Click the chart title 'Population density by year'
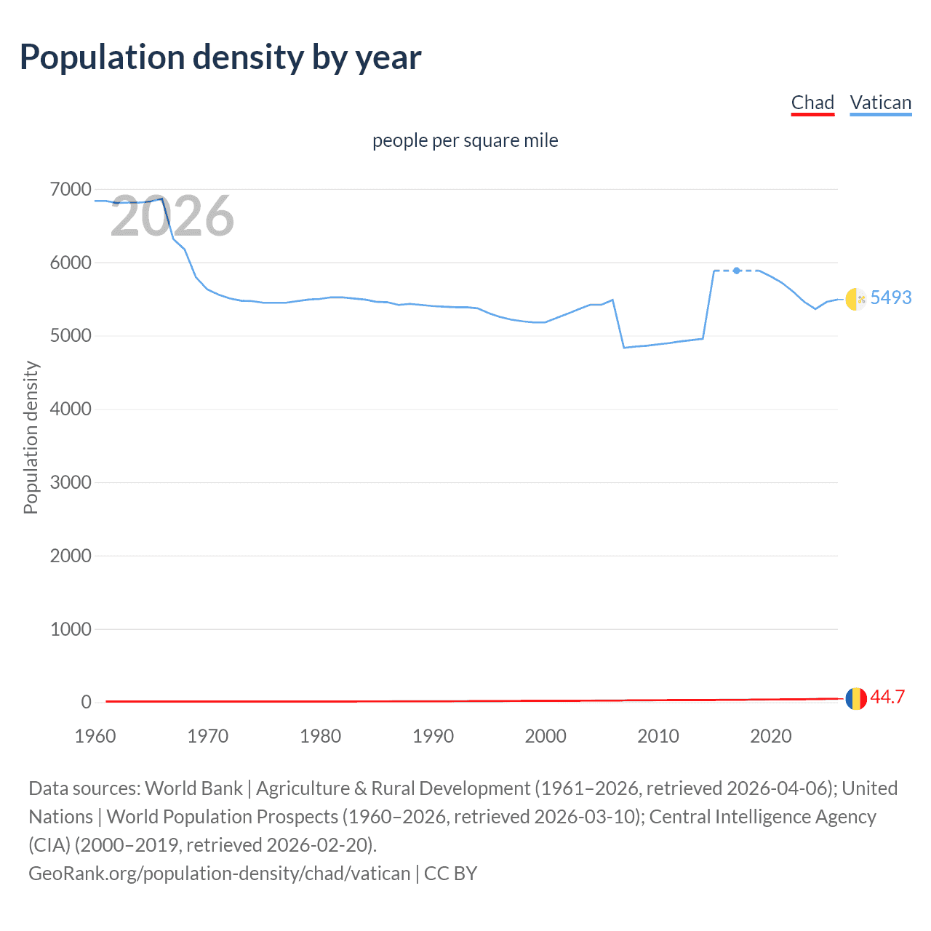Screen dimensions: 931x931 (x=220, y=57)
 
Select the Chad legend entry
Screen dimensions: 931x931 (x=812, y=103)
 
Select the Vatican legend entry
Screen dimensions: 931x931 (x=880, y=103)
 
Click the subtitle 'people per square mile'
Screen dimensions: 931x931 (x=465, y=140)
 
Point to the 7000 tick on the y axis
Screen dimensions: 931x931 (x=71, y=190)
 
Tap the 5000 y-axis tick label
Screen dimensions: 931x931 (x=71, y=336)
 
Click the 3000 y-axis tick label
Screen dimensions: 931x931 (x=71, y=482)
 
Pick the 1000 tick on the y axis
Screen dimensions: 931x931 (x=71, y=629)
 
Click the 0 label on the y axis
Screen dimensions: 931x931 (x=87, y=702)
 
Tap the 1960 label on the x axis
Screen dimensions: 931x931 (x=95, y=736)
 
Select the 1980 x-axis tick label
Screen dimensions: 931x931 (x=320, y=736)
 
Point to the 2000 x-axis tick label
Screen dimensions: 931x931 (x=546, y=736)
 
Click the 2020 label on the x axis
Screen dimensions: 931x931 (x=770, y=736)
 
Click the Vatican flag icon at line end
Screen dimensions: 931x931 (x=856, y=299)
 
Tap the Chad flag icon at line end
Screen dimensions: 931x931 (x=856, y=698)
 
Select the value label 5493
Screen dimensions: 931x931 (x=890, y=297)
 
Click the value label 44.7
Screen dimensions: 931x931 (x=887, y=697)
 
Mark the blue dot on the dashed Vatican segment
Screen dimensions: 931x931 (x=737, y=271)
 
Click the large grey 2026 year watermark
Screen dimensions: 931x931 (x=172, y=216)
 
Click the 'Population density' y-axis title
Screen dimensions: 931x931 (x=31, y=438)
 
